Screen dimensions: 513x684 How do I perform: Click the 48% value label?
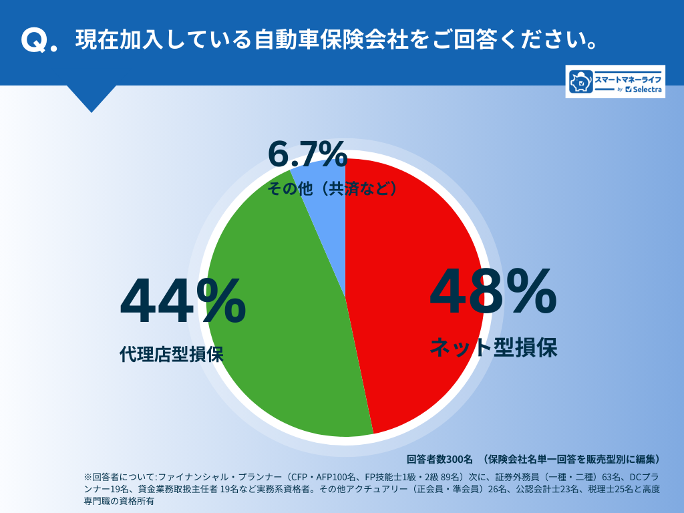pyautogui.click(x=492, y=292)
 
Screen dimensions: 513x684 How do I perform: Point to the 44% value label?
pyautogui.click(x=182, y=302)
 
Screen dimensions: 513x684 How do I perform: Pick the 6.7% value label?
pyautogui.click(x=307, y=155)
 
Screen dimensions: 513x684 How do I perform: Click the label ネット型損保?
pyautogui.click(x=493, y=347)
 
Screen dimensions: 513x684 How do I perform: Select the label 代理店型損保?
pyautogui.click(x=172, y=353)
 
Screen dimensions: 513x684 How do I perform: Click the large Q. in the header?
pyautogui.click(x=39, y=41)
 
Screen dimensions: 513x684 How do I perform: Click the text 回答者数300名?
pyautogui.click(x=439, y=459)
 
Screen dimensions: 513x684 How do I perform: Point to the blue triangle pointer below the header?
pyautogui.click(x=92, y=98)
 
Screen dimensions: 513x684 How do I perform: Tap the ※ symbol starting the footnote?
pyautogui.click(x=88, y=478)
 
